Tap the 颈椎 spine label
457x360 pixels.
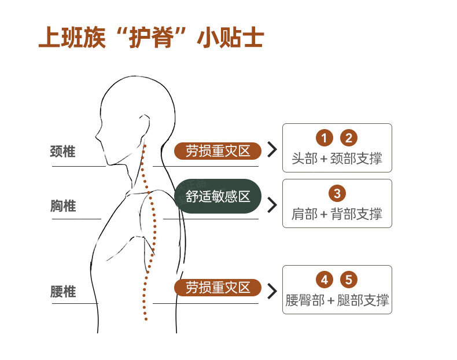point(63,152)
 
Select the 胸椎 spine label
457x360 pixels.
point(63,205)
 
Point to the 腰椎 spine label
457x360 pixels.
point(63,291)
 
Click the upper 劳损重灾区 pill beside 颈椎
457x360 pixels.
point(218,151)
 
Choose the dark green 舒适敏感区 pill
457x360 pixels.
point(218,196)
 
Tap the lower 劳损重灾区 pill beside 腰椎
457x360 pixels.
point(218,288)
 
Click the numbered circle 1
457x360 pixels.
point(325,138)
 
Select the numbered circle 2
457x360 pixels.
point(349,138)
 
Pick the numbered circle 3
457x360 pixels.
point(337,193)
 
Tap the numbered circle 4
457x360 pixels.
point(325,280)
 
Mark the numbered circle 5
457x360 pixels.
point(349,280)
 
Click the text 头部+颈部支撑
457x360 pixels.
point(337,158)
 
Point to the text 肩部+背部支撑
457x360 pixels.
point(337,214)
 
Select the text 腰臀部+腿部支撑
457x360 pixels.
point(337,300)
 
